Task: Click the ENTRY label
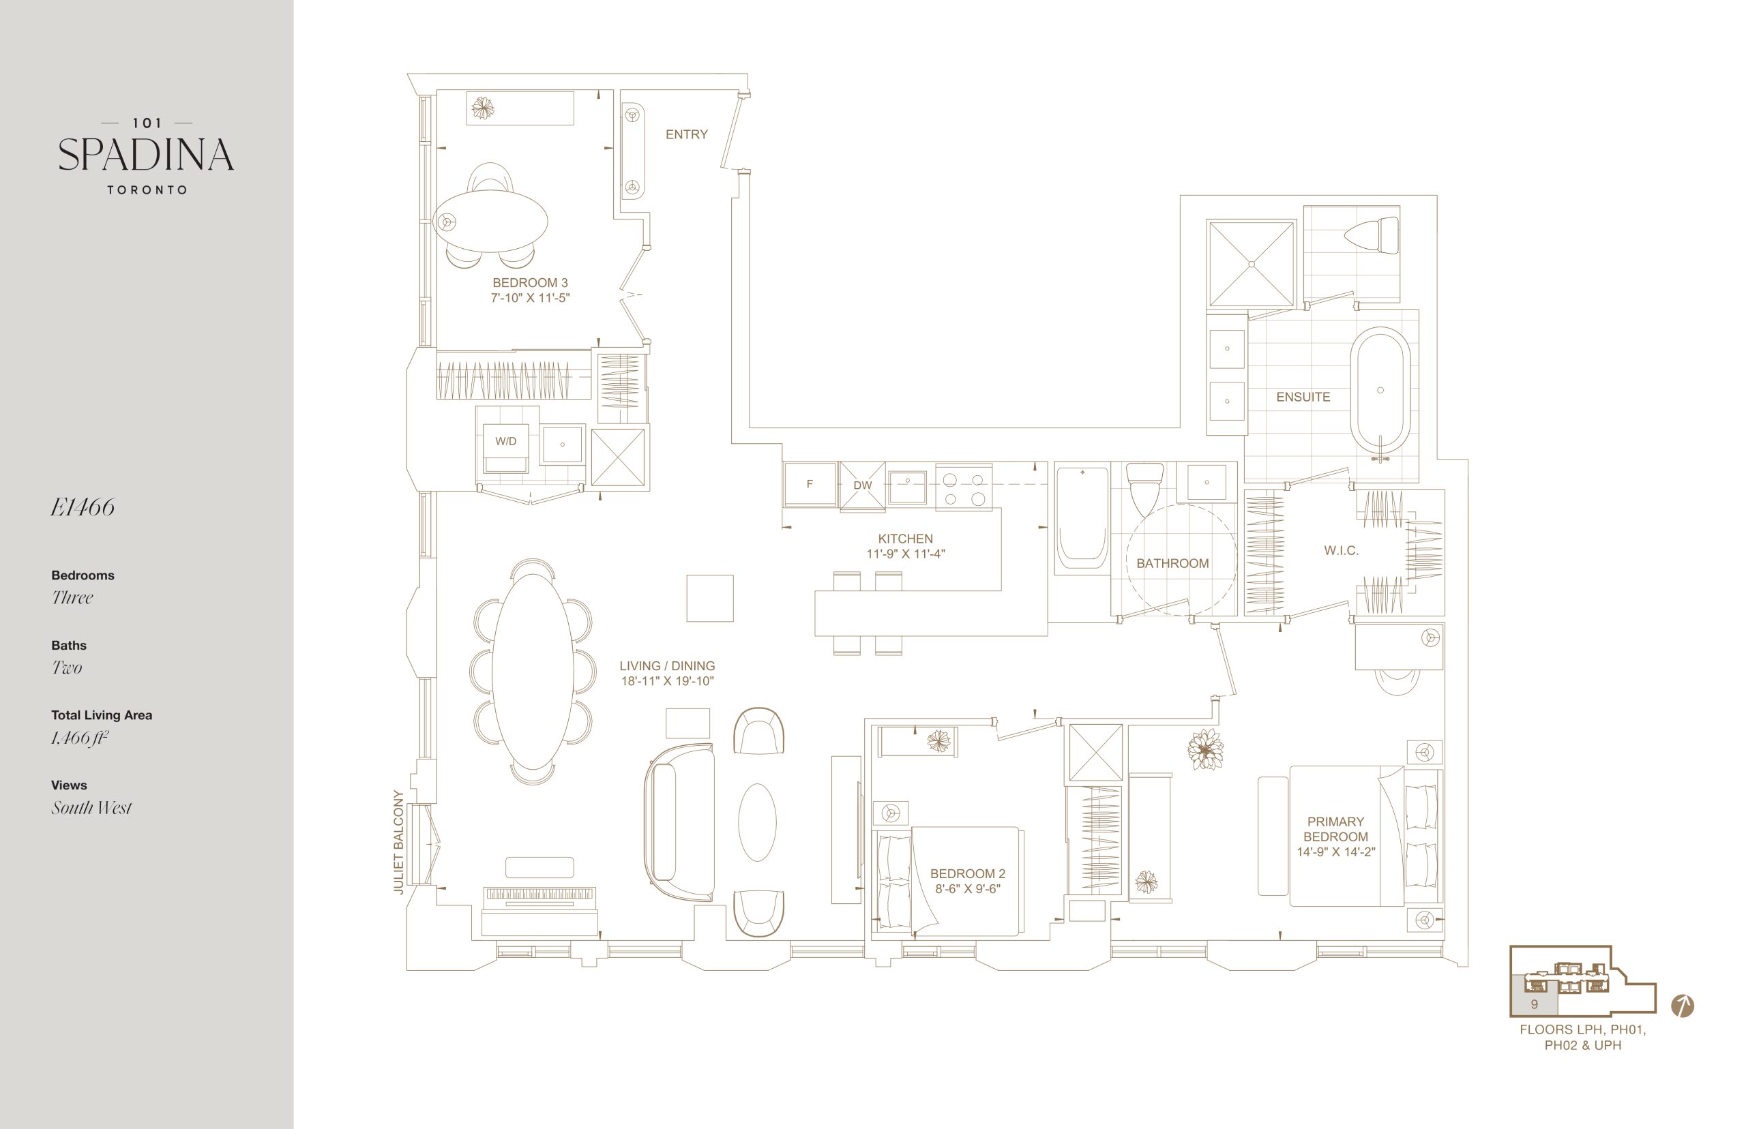tap(686, 134)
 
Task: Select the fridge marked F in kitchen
tap(810, 484)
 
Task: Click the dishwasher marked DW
tap(862, 485)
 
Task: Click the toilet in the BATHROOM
tap(1144, 489)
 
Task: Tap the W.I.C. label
tap(1342, 551)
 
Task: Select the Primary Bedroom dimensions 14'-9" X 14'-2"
tap(1335, 852)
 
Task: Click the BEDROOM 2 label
tap(967, 873)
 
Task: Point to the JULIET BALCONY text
tap(399, 841)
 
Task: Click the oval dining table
tap(533, 671)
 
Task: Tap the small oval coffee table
tap(757, 822)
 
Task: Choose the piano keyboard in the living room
tap(539, 894)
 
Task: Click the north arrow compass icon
tap(1682, 1006)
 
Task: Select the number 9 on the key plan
tap(1534, 1004)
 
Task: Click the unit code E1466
tap(82, 507)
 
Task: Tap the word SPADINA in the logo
tap(146, 155)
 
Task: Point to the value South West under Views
tap(91, 807)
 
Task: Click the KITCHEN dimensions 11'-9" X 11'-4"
tap(906, 554)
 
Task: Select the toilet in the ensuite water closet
tap(1372, 236)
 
